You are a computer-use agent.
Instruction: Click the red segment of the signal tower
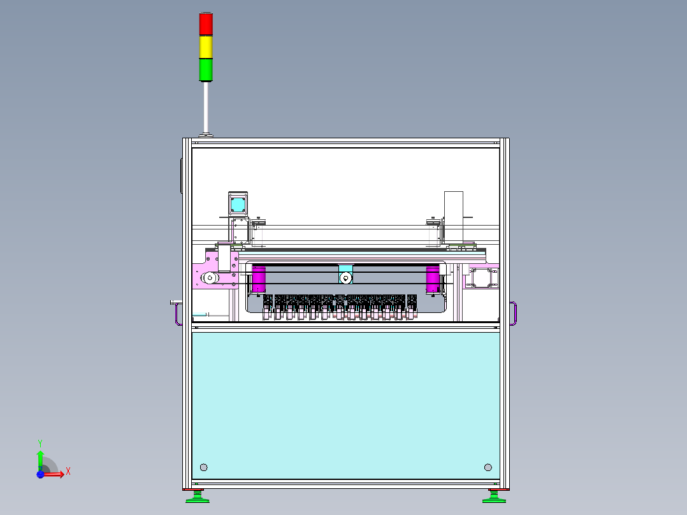click(206, 24)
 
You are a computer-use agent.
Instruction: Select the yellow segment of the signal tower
click(206, 47)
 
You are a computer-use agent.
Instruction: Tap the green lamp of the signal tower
click(206, 69)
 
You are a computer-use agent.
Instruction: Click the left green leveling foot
click(197, 496)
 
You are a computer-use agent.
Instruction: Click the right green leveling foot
click(495, 496)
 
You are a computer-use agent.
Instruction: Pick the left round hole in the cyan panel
click(204, 467)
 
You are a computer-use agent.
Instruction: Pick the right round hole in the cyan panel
click(488, 467)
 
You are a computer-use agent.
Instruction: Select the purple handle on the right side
click(514, 314)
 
